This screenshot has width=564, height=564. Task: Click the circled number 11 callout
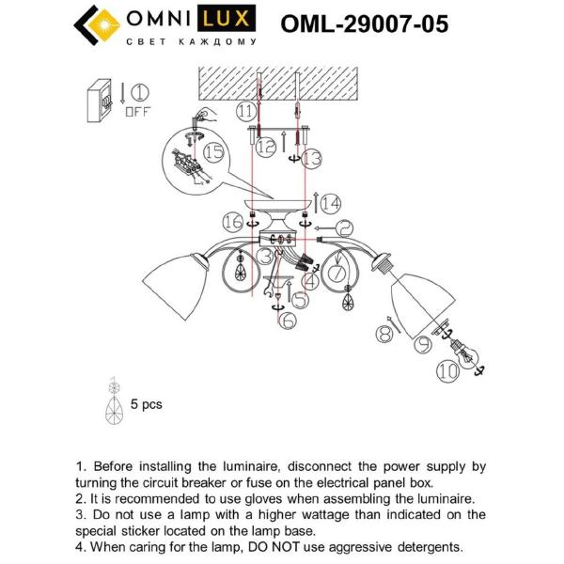pos(246,111)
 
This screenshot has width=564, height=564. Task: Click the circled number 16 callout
pos(233,221)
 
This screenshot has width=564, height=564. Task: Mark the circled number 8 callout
pos(383,332)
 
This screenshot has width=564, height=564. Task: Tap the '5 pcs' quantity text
pos(146,404)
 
